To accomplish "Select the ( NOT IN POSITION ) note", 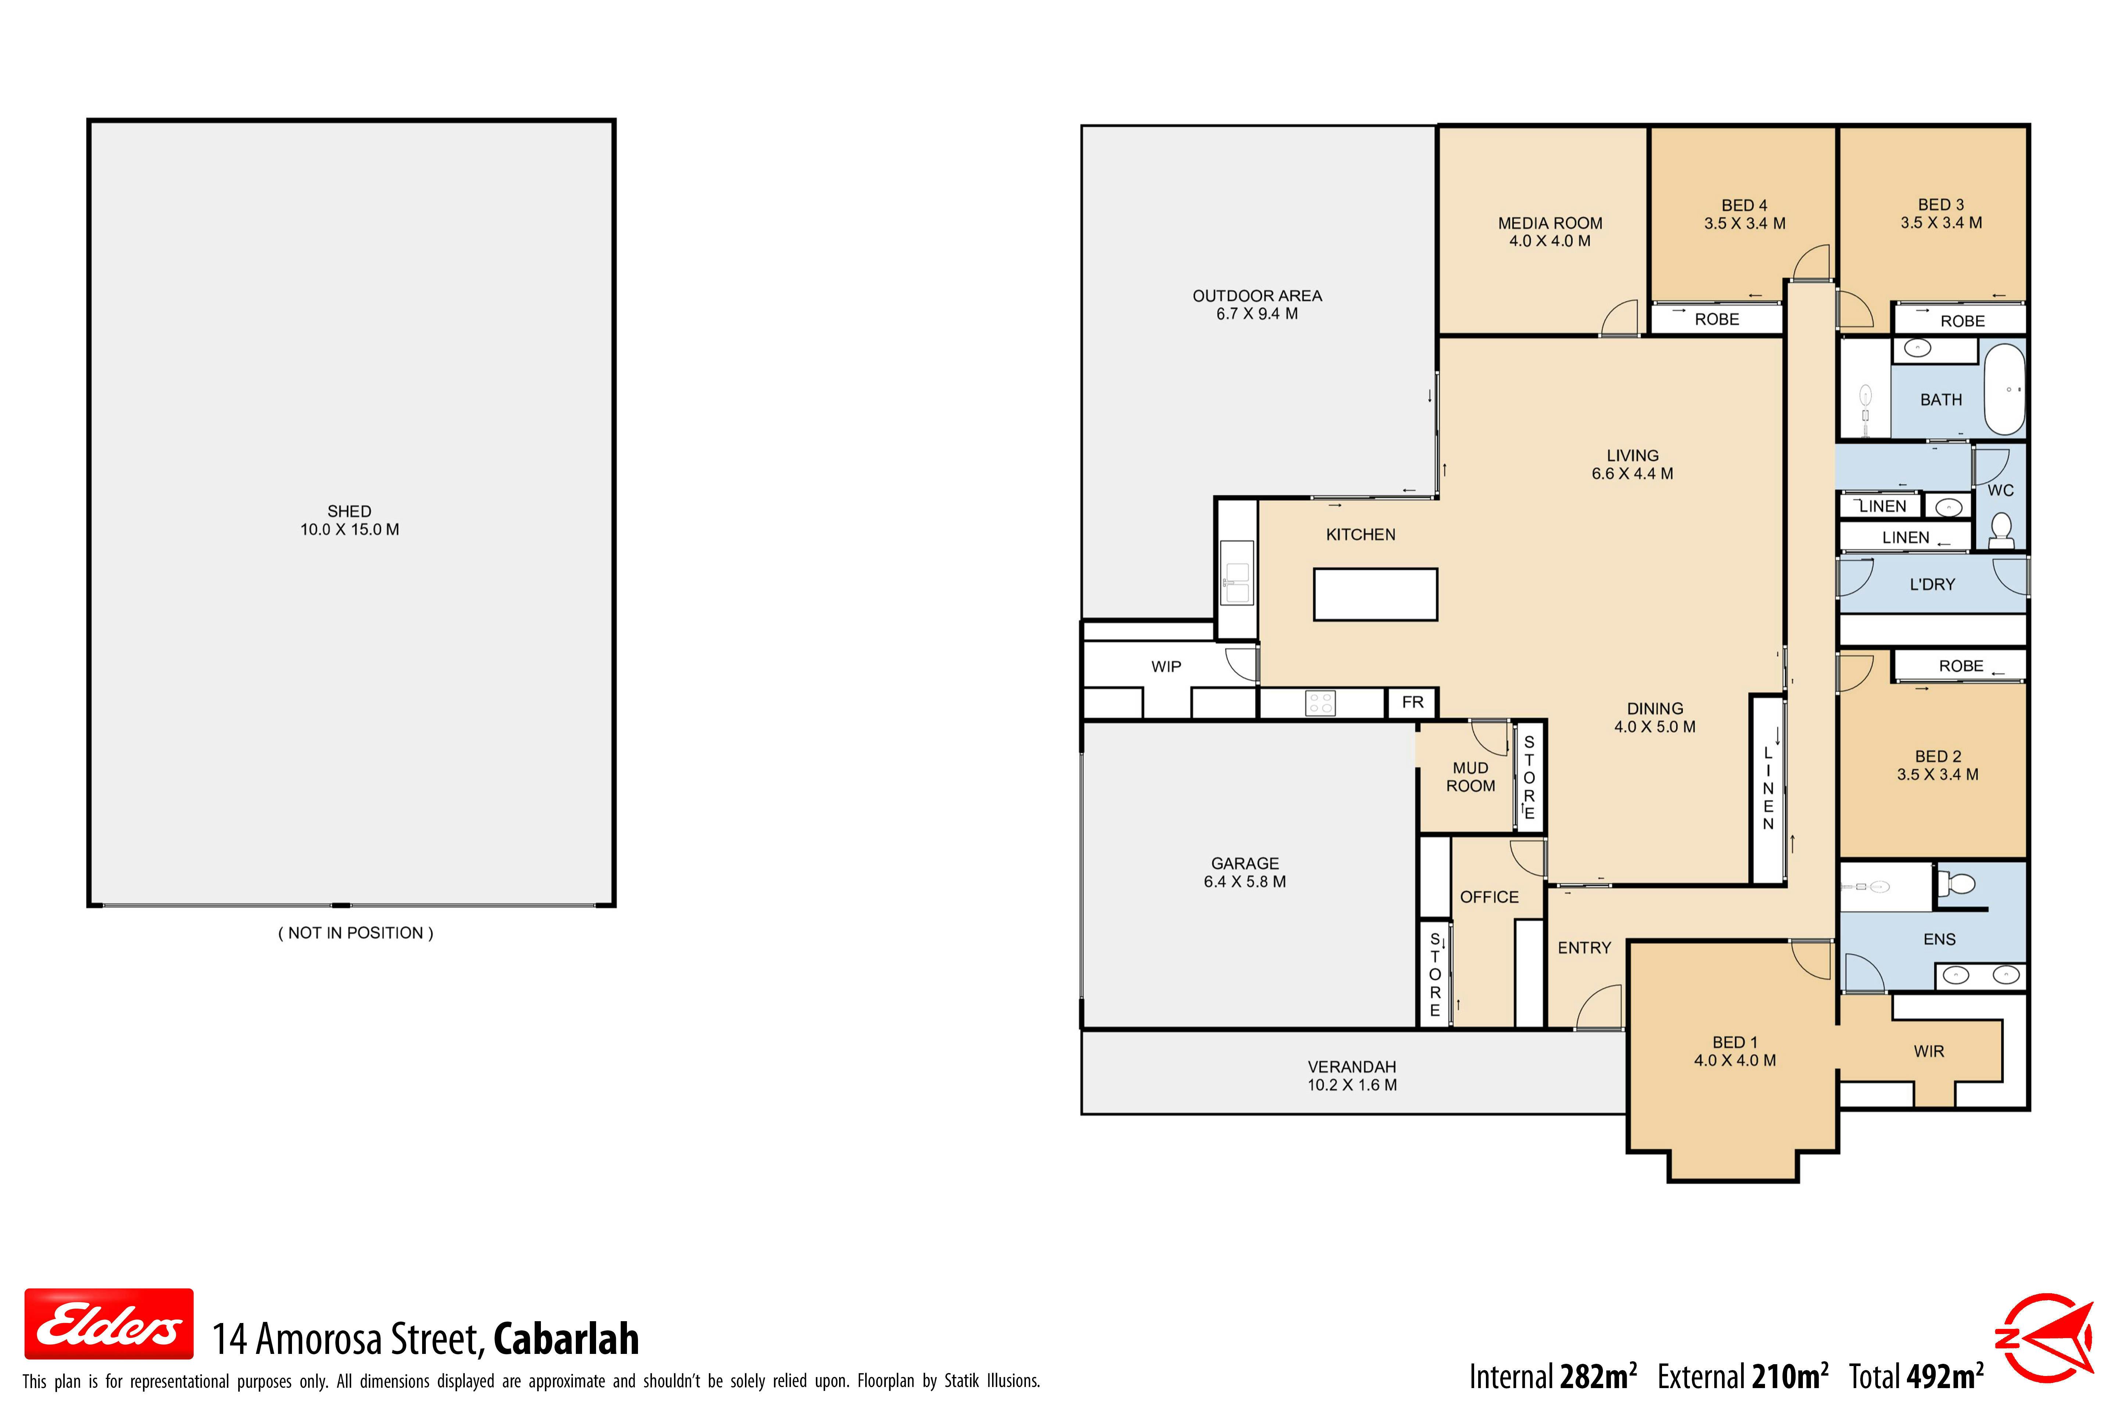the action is (356, 933).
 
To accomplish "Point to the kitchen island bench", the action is (1375, 594).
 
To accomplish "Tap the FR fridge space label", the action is (1413, 702).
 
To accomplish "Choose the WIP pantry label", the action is (1166, 666).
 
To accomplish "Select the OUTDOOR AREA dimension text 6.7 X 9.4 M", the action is (1257, 313).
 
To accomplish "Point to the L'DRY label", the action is (1933, 584).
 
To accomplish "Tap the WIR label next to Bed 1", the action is (1929, 1051).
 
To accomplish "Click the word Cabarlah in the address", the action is (566, 1339).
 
